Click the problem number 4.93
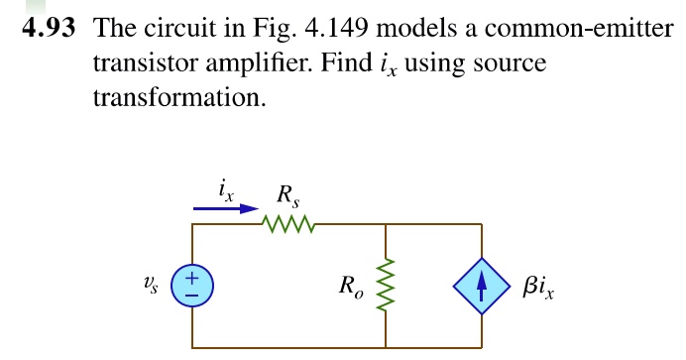tap(51, 27)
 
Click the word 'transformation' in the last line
tap(178, 99)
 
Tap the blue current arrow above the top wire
tap(225, 208)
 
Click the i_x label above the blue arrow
tap(226, 187)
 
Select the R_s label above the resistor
tap(286, 192)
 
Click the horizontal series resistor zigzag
tap(287, 225)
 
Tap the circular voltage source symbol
tap(192, 288)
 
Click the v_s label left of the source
tap(150, 286)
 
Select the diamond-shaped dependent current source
tap(483, 288)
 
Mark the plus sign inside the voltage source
tap(192, 280)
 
